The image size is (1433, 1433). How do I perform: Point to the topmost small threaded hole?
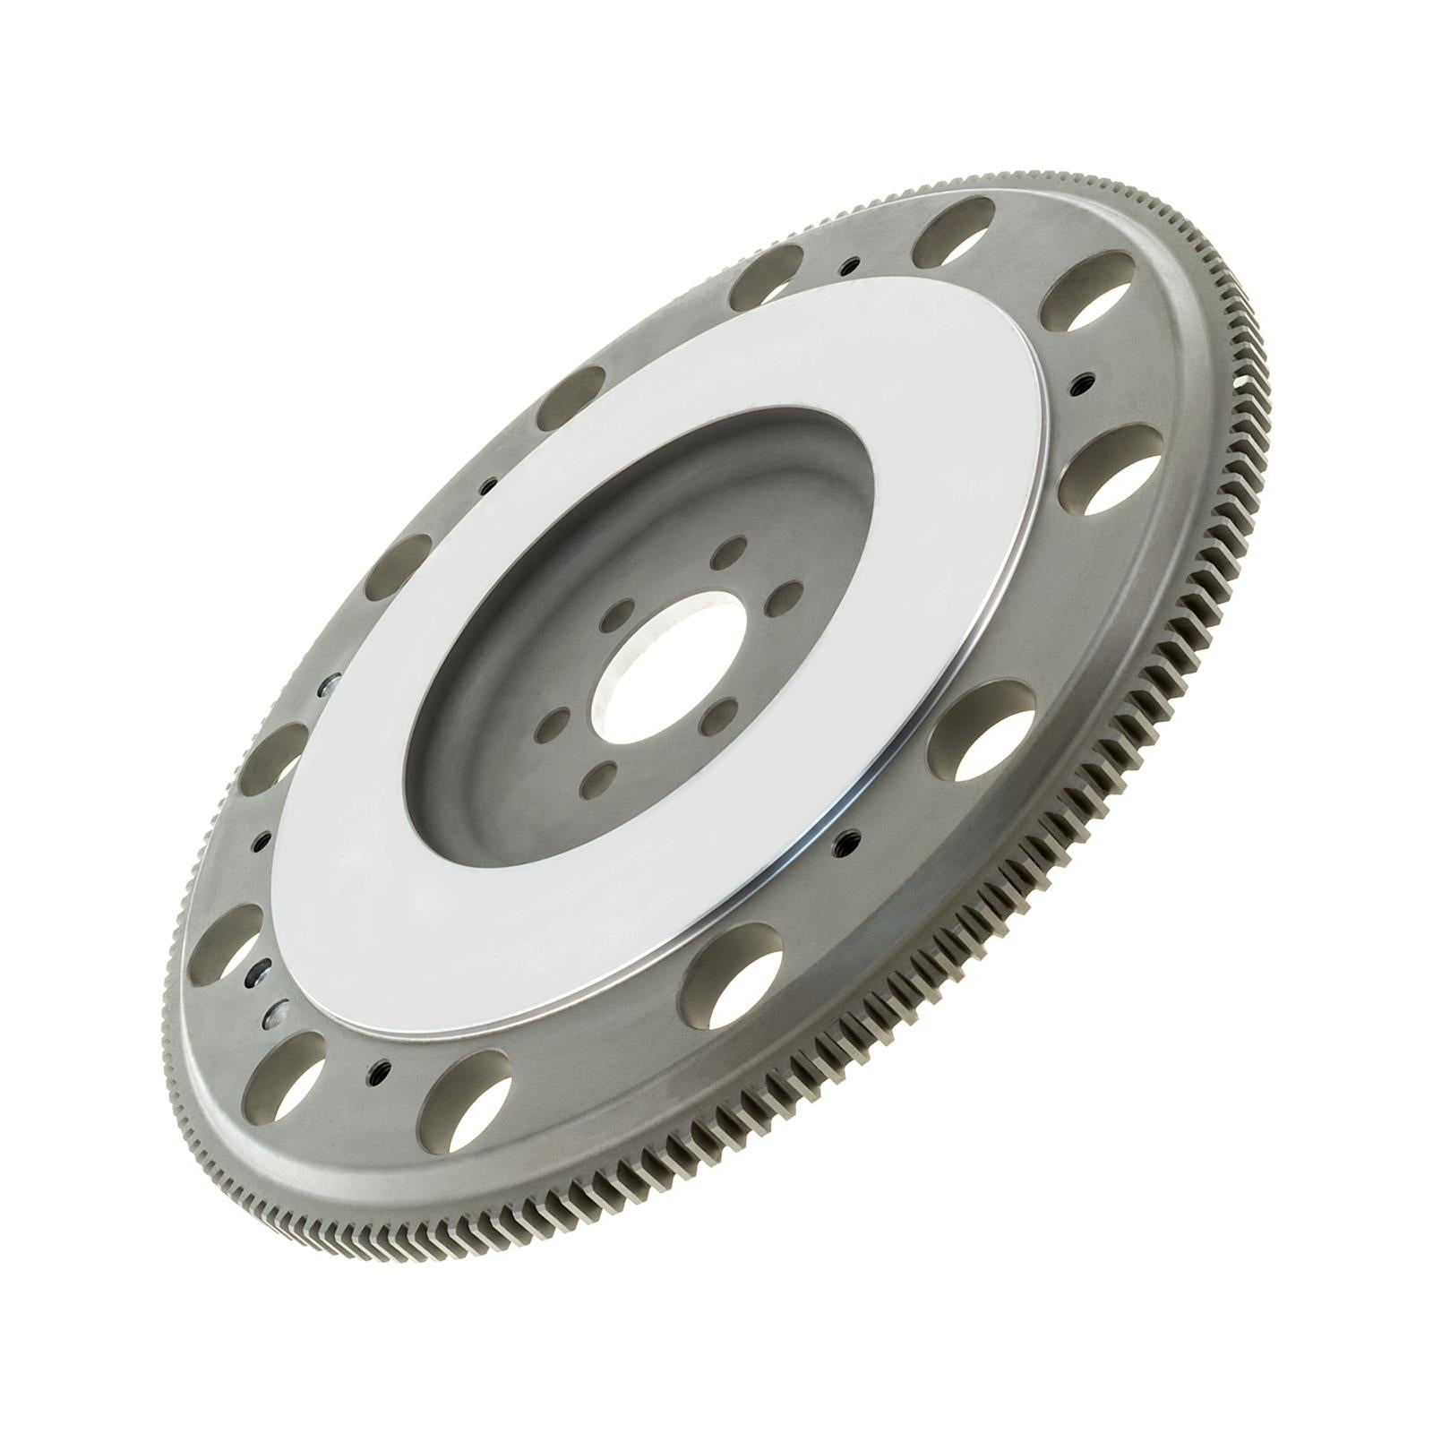[849, 265]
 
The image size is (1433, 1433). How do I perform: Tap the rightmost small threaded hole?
[1085, 380]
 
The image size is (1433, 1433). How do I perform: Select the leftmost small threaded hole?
[263, 840]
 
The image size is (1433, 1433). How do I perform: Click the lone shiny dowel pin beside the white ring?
[330, 682]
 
